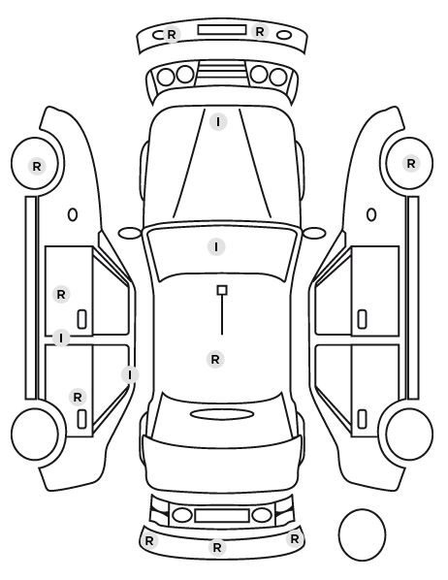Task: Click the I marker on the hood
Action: point(218,121)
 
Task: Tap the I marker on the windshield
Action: point(216,246)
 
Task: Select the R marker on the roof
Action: point(215,359)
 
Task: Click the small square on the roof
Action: point(222,290)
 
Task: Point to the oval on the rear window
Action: point(222,414)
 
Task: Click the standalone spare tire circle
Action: point(362,534)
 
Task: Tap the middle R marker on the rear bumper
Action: point(217,547)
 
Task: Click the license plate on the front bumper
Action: point(222,30)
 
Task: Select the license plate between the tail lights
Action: point(222,516)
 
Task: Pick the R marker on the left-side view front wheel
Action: point(37,167)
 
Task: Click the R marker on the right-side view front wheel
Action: point(410,164)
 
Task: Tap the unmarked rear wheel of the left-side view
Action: point(35,434)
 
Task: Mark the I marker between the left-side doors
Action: point(61,338)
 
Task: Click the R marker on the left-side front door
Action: point(61,295)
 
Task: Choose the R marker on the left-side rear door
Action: point(78,398)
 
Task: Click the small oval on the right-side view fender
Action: point(371,214)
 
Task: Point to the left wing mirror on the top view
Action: point(130,233)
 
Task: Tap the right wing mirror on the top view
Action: point(314,233)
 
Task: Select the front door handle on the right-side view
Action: point(362,319)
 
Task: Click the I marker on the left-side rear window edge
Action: point(130,374)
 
